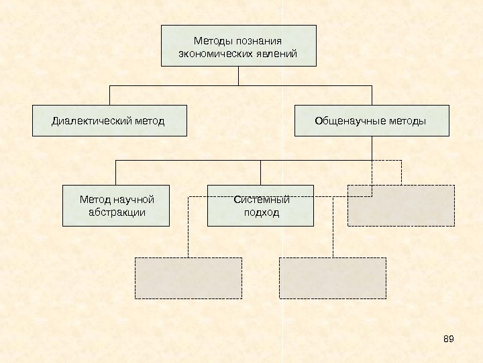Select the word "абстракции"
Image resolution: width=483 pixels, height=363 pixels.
click(x=117, y=212)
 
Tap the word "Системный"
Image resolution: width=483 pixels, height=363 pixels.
click(x=261, y=200)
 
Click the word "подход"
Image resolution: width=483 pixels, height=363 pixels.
click(x=261, y=212)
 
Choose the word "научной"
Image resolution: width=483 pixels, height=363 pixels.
click(x=134, y=200)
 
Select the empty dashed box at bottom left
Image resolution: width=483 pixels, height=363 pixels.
click(x=189, y=278)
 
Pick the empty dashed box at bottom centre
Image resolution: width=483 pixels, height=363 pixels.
click(x=332, y=278)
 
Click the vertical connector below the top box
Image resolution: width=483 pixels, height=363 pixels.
click(x=238, y=76)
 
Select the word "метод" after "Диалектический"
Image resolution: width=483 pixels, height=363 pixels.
click(x=148, y=121)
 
